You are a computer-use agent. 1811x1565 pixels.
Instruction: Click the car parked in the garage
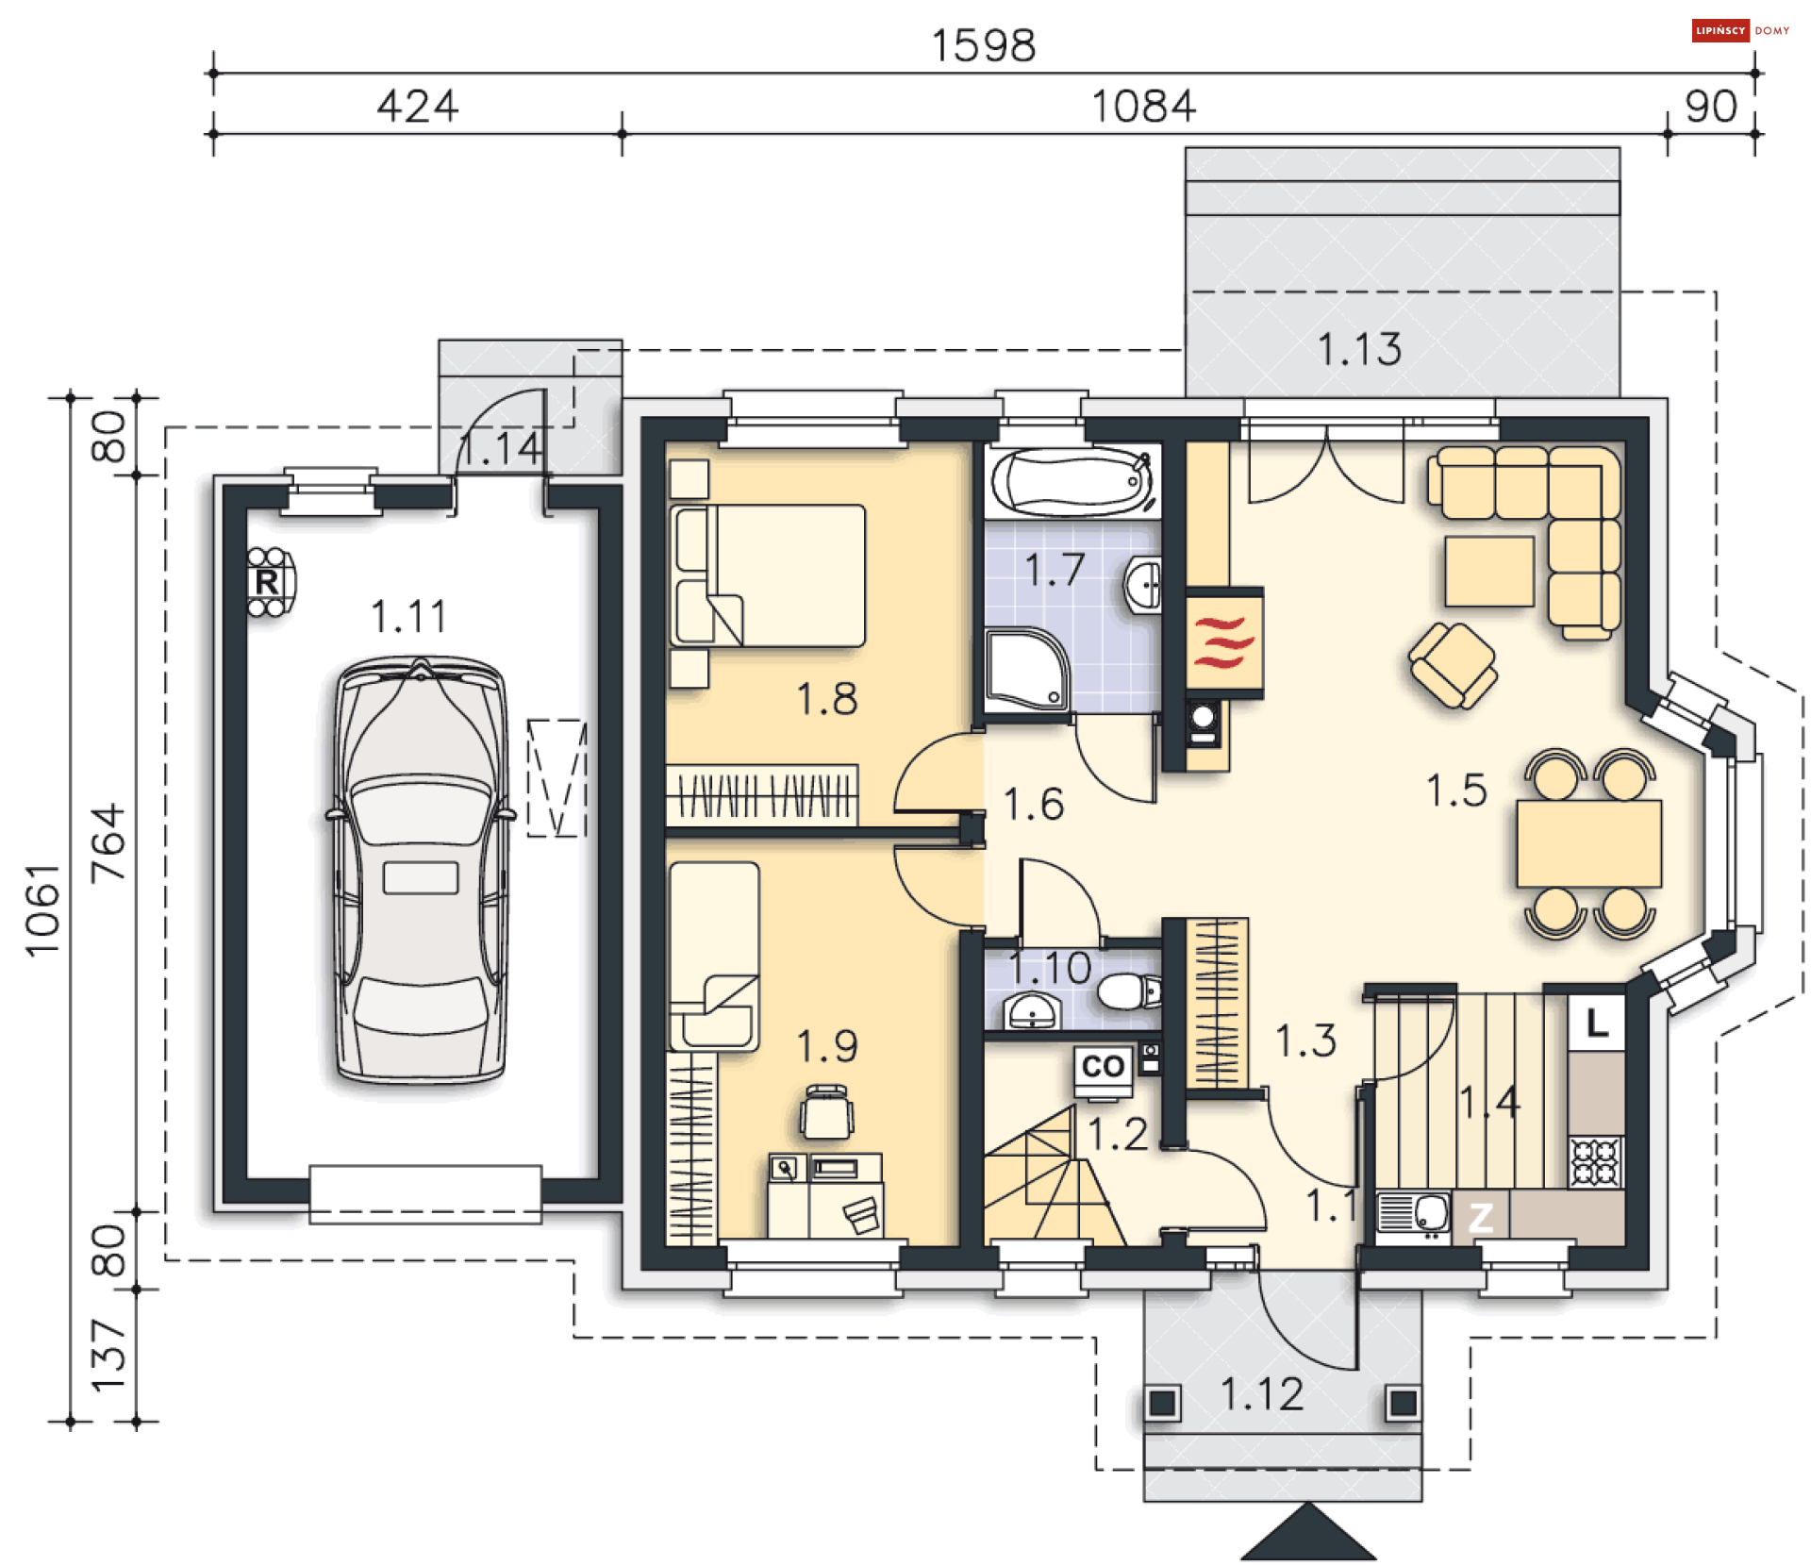(x=420, y=870)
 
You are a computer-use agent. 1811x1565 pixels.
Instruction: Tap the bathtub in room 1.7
(x=1073, y=482)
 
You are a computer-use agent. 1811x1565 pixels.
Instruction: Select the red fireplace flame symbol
(x=1223, y=641)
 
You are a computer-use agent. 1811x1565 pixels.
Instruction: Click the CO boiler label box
(x=1103, y=1066)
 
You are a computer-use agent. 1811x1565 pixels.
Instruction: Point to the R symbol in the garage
(x=268, y=581)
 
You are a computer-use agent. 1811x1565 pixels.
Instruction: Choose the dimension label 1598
(x=984, y=45)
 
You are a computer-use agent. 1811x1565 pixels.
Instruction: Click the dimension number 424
(x=418, y=106)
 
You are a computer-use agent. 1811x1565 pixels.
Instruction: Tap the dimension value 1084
(x=1144, y=106)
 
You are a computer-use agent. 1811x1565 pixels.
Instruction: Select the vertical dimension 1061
(x=42, y=910)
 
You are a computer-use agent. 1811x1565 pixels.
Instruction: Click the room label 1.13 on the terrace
(x=1359, y=349)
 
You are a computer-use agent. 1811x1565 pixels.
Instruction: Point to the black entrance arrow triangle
(x=1308, y=1532)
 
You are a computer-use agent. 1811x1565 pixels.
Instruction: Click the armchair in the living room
(x=1453, y=665)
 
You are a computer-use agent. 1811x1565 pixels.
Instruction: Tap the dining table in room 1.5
(x=1589, y=843)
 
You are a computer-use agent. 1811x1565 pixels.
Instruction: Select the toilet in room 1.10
(x=1129, y=991)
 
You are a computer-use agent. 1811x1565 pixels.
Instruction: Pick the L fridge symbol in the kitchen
(x=1596, y=1023)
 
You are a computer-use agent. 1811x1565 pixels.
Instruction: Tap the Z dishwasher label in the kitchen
(x=1480, y=1218)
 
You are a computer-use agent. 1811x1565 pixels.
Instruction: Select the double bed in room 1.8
(x=768, y=575)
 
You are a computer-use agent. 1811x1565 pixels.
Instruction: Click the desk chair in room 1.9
(x=826, y=1112)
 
